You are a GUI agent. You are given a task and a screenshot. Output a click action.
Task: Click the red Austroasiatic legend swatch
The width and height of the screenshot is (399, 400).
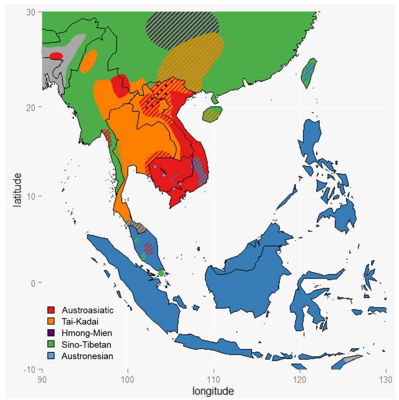tap(51, 310)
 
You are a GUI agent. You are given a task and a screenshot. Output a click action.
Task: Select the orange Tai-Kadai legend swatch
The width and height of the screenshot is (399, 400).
tap(51, 322)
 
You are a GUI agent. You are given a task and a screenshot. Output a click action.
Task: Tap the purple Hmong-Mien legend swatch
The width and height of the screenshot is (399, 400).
tap(51, 333)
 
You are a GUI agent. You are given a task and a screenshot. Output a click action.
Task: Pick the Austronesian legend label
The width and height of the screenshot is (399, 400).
tap(87, 356)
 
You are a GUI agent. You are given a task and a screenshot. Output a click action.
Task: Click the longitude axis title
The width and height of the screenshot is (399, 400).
tap(213, 391)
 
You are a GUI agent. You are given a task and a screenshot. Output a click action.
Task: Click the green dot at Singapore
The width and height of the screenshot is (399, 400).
tap(161, 273)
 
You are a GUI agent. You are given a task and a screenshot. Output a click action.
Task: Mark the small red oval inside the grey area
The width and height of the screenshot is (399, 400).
tap(56, 56)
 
